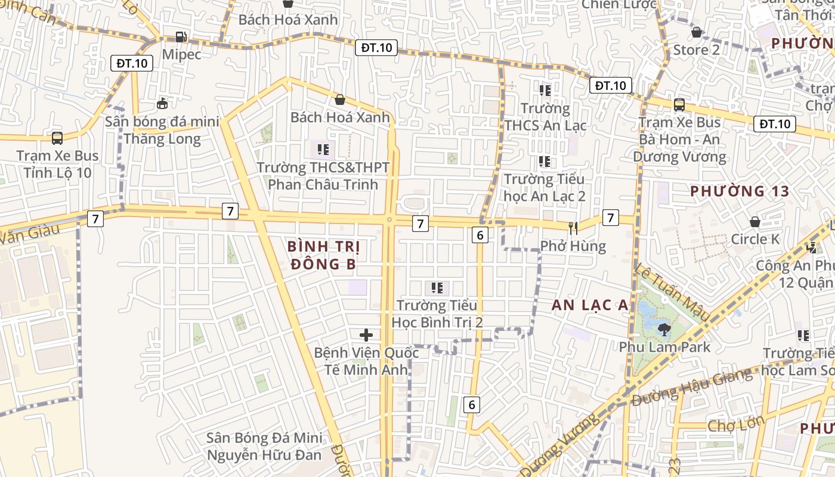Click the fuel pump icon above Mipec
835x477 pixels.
coord(181,37)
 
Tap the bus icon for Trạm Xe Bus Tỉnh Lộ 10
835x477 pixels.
coord(57,138)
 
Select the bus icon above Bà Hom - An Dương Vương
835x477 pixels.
coord(679,105)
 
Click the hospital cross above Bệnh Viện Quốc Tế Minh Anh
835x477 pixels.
coord(366,335)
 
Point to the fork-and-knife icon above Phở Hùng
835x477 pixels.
coord(573,228)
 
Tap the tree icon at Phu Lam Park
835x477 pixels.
coord(664,329)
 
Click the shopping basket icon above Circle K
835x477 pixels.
coord(754,222)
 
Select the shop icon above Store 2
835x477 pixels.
coord(696,33)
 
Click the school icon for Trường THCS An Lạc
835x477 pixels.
coord(545,91)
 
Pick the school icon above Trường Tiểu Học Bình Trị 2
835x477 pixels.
coord(437,288)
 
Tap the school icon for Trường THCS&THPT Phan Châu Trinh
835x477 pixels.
coord(323,149)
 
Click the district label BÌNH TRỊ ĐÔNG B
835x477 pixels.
coord(323,255)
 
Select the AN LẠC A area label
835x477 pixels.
coord(589,305)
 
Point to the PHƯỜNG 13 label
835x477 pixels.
coord(740,191)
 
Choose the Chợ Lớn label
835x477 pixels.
coord(735,425)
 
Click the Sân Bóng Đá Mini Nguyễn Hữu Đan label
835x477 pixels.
coord(264,446)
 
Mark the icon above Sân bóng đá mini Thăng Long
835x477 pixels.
coord(162,103)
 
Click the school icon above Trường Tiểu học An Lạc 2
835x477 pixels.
coord(545,161)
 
